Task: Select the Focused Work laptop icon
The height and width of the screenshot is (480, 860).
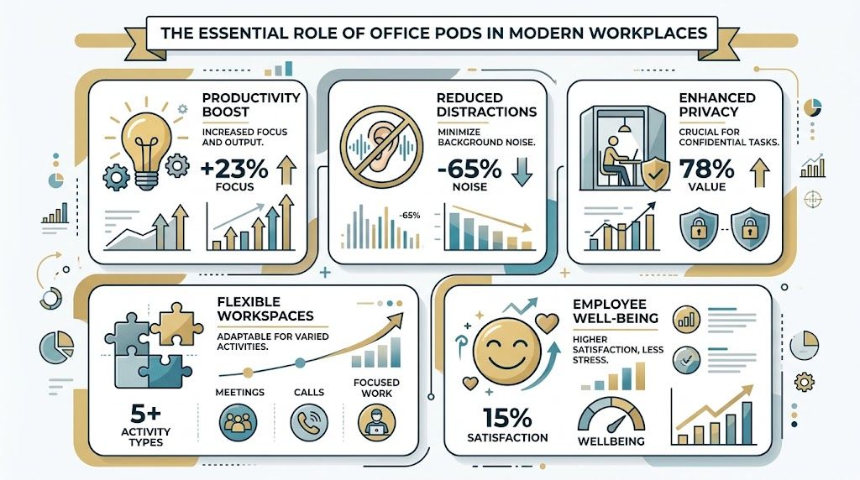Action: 375,422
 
